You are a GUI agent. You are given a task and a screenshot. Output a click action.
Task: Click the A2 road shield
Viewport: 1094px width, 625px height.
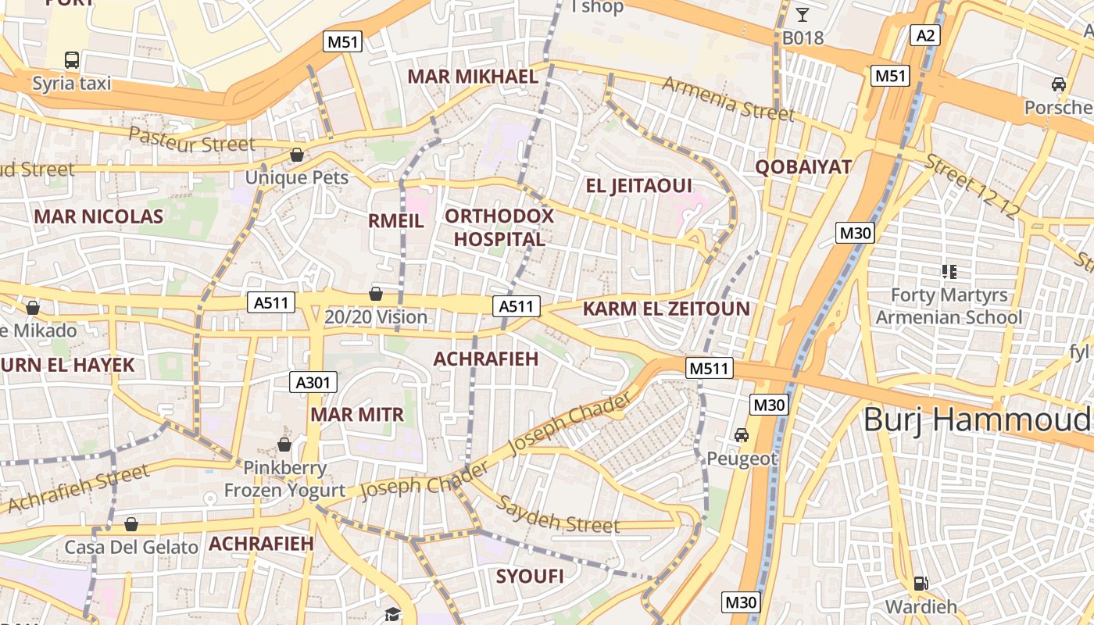point(925,35)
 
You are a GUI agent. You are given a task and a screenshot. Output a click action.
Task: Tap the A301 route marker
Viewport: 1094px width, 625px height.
point(314,382)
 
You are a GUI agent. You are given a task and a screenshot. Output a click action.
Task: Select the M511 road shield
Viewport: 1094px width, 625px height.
point(710,368)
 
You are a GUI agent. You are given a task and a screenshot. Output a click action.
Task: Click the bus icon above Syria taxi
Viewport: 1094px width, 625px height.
point(72,59)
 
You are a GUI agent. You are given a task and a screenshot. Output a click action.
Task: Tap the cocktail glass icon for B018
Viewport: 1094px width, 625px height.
point(803,14)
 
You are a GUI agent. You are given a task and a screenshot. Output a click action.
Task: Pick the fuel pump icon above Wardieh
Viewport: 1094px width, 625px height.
point(921,583)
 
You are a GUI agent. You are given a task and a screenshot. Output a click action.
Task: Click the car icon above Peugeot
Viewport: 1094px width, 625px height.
point(741,434)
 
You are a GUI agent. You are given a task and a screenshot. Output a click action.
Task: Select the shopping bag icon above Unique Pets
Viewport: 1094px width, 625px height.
point(297,155)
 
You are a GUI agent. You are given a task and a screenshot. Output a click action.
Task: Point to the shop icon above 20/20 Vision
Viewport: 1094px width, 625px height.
point(376,294)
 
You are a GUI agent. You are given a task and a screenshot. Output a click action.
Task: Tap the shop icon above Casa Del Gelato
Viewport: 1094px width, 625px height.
point(131,523)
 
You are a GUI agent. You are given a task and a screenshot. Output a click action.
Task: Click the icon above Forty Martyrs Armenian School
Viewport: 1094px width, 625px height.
point(949,272)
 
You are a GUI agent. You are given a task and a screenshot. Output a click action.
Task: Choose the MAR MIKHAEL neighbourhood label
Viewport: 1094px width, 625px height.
point(473,77)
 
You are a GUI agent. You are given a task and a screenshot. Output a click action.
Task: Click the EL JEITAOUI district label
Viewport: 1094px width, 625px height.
point(638,185)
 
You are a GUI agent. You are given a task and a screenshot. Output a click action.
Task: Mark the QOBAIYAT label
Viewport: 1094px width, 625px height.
point(803,166)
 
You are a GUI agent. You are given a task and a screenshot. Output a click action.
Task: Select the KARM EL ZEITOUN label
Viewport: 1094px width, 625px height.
point(666,309)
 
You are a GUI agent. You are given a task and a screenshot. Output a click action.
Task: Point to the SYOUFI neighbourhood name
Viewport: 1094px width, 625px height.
point(530,577)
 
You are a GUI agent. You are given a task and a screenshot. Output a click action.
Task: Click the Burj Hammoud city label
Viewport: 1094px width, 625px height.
point(977,420)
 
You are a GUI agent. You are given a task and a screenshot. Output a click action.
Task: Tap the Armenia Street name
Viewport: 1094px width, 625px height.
point(728,99)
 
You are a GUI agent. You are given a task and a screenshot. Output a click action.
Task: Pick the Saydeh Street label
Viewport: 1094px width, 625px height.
point(559,516)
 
